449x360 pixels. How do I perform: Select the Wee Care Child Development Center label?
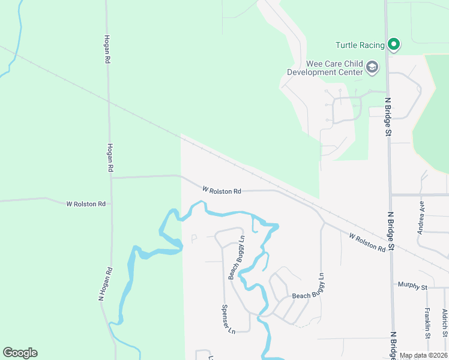[x=325, y=68]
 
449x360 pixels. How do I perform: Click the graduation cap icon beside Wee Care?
[x=372, y=67]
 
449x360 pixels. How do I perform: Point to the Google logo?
[x=20, y=353]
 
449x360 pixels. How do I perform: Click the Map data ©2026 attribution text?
[x=423, y=356]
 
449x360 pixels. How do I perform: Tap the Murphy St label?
[x=411, y=287]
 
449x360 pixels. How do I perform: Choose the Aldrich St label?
[x=445, y=322]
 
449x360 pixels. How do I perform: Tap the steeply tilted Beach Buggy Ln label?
[x=237, y=257]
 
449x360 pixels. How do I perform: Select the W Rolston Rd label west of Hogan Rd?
[x=86, y=204]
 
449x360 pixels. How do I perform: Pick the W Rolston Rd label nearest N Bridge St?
[x=367, y=242]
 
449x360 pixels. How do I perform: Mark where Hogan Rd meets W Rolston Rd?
[x=110, y=178]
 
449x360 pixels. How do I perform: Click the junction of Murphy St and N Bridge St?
[x=392, y=287]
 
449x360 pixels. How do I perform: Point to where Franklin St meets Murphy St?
[x=427, y=287]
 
